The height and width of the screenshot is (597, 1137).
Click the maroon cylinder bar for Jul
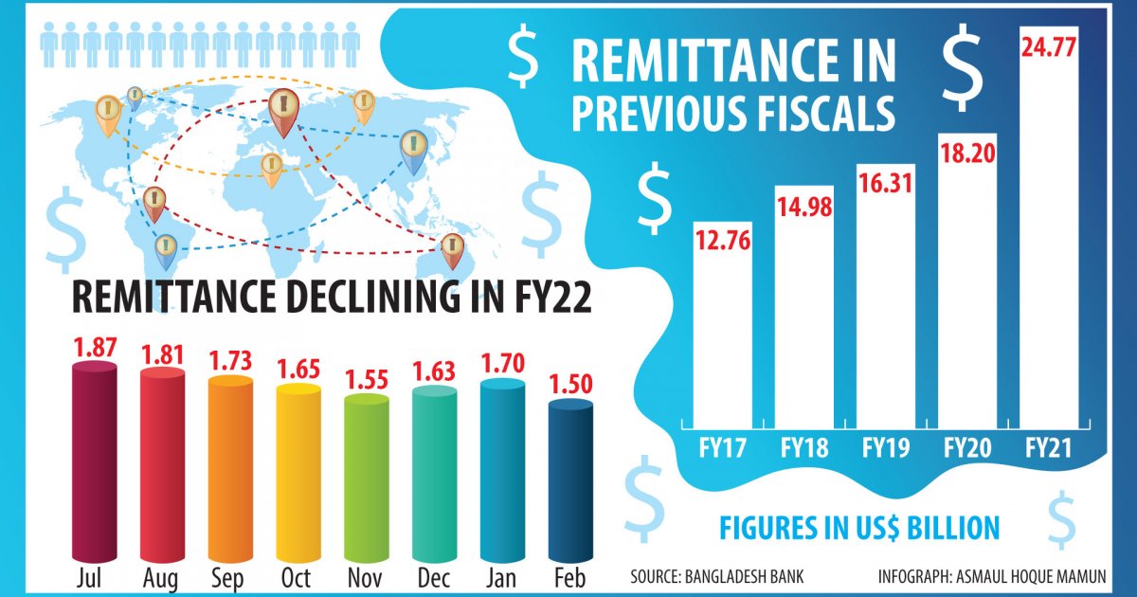click(x=94, y=464)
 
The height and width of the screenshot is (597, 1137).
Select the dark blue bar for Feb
click(x=570, y=483)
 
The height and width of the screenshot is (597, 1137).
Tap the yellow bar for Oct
click(x=298, y=474)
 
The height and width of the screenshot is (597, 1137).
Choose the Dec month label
click(x=435, y=578)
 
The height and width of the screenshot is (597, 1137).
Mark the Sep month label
click(x=230, y=578)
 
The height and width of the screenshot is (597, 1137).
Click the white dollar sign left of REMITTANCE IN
click(x=523, y=56)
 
